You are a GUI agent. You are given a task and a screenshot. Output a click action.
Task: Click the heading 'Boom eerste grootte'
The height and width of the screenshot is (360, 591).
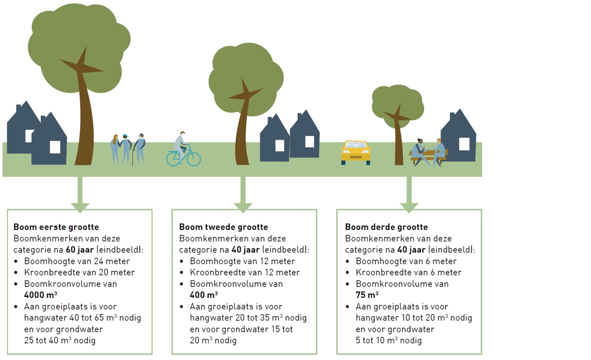pos(56,227)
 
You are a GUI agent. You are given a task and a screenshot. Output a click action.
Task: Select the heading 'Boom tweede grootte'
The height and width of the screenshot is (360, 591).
pos(224,227)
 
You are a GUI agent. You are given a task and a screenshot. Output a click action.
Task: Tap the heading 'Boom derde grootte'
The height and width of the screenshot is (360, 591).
pos(386,227)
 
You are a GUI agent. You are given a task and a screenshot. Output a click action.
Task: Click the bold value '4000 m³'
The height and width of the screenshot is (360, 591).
pos(41,295)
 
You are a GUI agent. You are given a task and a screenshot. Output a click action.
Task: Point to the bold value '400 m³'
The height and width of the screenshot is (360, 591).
pos(204,295)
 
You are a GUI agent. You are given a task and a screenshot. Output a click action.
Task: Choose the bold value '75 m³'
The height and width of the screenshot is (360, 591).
pos(367,295)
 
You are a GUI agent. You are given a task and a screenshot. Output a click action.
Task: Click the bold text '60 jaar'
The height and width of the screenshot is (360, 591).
pos(80,249)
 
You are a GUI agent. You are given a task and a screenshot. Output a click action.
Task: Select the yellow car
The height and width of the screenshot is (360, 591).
pos(356,152)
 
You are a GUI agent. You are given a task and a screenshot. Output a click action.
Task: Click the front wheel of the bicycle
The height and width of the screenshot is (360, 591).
pos(194,159)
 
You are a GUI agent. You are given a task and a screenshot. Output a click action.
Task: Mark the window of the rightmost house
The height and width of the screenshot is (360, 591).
pos(464,144)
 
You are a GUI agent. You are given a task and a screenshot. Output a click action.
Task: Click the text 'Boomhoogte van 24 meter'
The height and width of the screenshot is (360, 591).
pos(77,261)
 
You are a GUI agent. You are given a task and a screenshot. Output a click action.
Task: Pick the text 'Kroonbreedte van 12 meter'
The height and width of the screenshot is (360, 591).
pos(245,272)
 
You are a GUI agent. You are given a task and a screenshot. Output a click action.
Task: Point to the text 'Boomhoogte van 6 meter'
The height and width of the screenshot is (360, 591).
pos(406,261)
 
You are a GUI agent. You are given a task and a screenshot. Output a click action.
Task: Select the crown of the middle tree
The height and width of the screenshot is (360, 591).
pos(246,77)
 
